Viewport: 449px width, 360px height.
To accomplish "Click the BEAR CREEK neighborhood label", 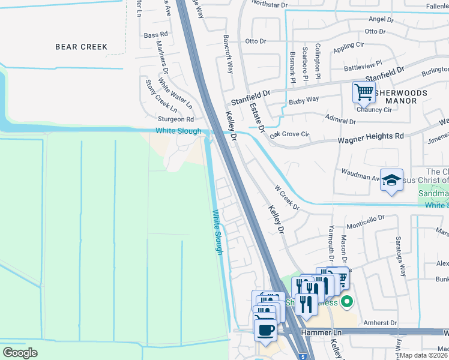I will tap(81, 47).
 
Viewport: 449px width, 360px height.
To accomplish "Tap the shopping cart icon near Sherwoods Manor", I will tap(364, 92).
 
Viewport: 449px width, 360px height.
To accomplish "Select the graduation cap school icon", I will tap(391, 181).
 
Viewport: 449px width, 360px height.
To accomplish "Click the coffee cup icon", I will tap(265, 329).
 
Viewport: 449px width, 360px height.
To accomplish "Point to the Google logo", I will tap(20, 353).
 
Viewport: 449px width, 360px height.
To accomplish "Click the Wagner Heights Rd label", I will tap(370, 137).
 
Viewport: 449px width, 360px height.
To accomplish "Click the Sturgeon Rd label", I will tap(175, 119).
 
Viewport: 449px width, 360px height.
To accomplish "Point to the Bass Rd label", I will tap(155, 35).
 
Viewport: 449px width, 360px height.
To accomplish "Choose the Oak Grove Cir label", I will tap(289, 135).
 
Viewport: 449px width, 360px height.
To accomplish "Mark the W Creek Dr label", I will tap(286, 197).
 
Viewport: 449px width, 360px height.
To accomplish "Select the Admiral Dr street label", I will tap(340, 121).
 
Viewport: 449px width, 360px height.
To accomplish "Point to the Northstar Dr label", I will tap(270, 4).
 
